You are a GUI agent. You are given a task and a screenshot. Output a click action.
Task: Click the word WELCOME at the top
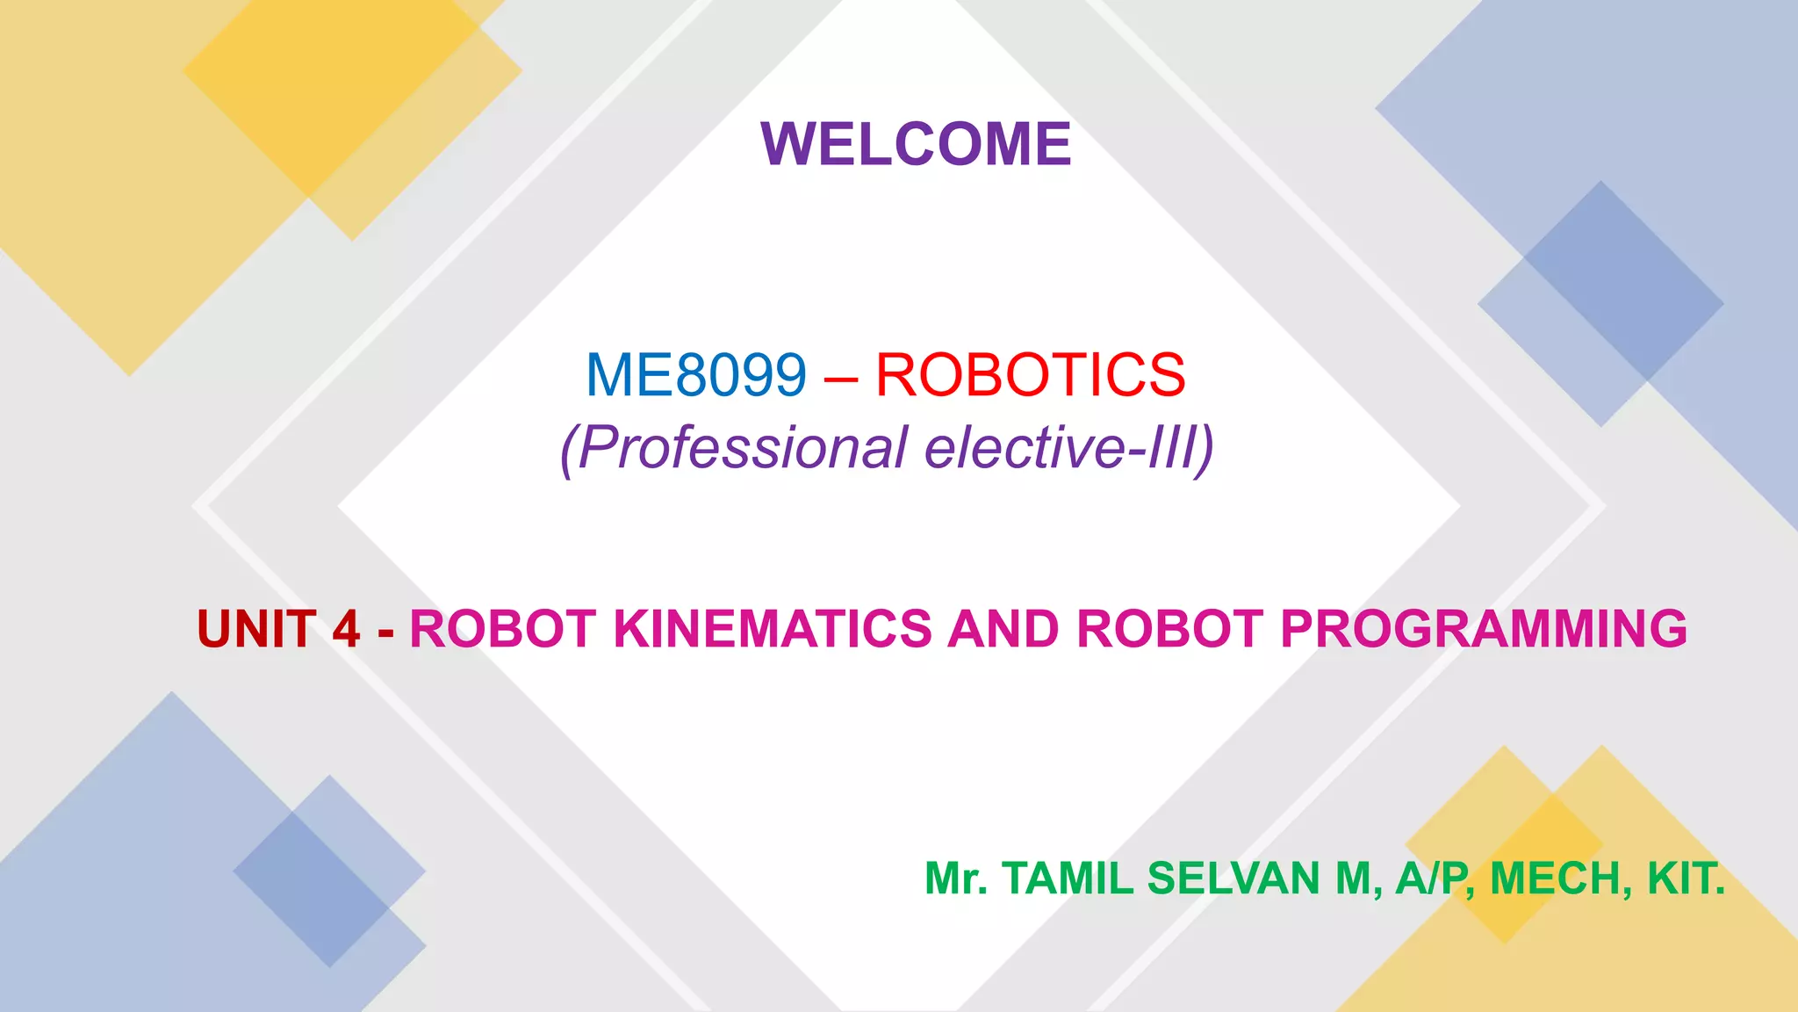coord(916,144)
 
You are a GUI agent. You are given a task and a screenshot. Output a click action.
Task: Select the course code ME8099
coord(695,375)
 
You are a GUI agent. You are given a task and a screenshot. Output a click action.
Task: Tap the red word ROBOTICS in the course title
coord(1031,375)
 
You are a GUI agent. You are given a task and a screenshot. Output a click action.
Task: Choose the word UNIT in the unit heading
coord(256,629)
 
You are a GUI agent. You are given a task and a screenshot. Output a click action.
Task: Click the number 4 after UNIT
coord(346,629)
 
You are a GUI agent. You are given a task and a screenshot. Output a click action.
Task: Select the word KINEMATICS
coord(773,629)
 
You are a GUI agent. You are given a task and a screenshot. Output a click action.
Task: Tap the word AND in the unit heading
coord(1003,629)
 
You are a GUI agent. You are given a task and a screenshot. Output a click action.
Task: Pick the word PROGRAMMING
coord(1484,629)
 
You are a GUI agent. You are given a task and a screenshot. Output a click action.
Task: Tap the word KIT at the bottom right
coord(1682,878)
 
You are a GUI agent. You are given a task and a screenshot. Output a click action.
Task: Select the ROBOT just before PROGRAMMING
coord(1170,629)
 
